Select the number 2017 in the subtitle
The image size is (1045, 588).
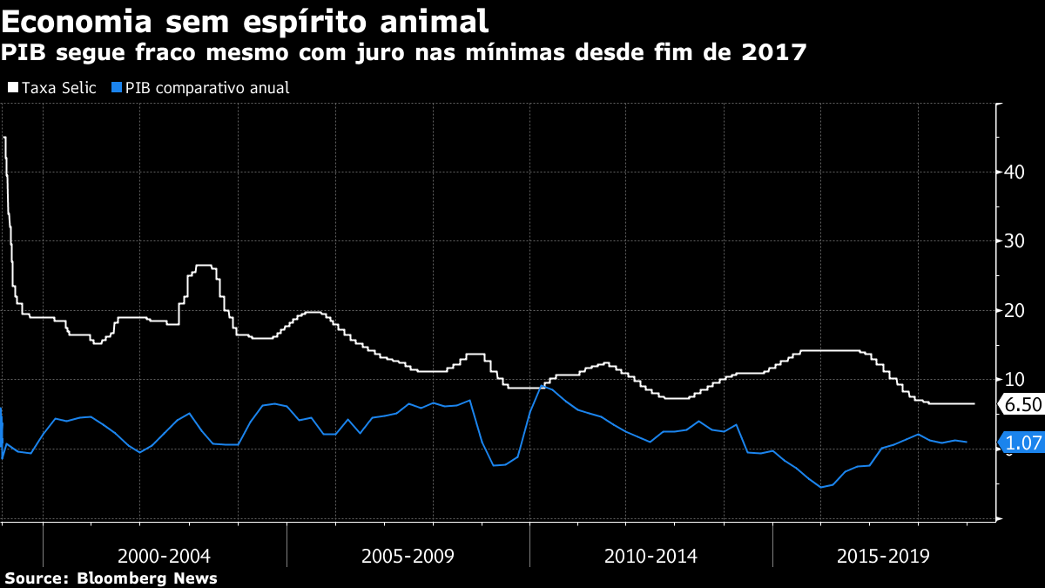point(773,52)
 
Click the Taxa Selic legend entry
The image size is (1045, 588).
point(59,88)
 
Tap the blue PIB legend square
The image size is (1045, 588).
point(117,88)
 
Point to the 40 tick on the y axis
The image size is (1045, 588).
point(1012,172)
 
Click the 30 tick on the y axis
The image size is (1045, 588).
point(1012,240)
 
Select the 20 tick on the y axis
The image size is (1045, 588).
point(1012,310)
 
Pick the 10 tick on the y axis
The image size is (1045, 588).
point(1012,379)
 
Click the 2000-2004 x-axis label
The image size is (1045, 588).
point(164,556)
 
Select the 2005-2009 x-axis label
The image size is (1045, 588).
point(408,556)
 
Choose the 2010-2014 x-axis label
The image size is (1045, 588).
point(651,556)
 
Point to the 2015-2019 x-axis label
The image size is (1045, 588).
point(884,556)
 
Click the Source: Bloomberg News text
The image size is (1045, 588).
point(111,578)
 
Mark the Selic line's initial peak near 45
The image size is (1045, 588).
point(5,138)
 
